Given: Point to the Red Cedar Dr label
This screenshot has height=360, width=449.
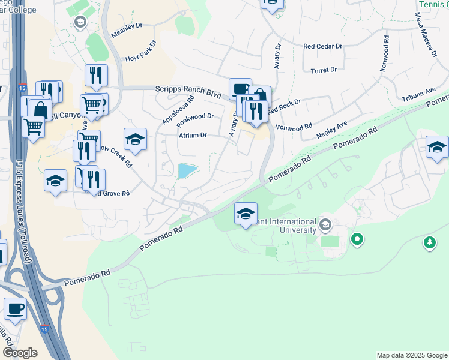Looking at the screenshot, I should (322, 46).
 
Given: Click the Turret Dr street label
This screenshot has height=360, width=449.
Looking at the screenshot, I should (324, 70).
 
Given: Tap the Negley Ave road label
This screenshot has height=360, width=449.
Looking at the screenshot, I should (333, 130).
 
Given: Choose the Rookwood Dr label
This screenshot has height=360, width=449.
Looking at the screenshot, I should (196, 116).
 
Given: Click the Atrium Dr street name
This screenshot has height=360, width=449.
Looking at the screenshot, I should (193, 135).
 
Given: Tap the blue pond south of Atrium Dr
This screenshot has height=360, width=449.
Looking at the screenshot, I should (189, 171).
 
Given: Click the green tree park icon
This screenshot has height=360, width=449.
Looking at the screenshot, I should (430, 242).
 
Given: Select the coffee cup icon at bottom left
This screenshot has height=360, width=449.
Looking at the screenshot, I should (15, 310).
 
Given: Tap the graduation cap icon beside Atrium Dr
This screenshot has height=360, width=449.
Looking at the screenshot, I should (136, 140).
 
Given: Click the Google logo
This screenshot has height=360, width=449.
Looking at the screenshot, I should (20, 353).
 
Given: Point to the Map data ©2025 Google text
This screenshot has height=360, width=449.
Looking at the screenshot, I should (411, 355).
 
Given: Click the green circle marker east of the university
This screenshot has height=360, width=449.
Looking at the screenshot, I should (357, 240).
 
